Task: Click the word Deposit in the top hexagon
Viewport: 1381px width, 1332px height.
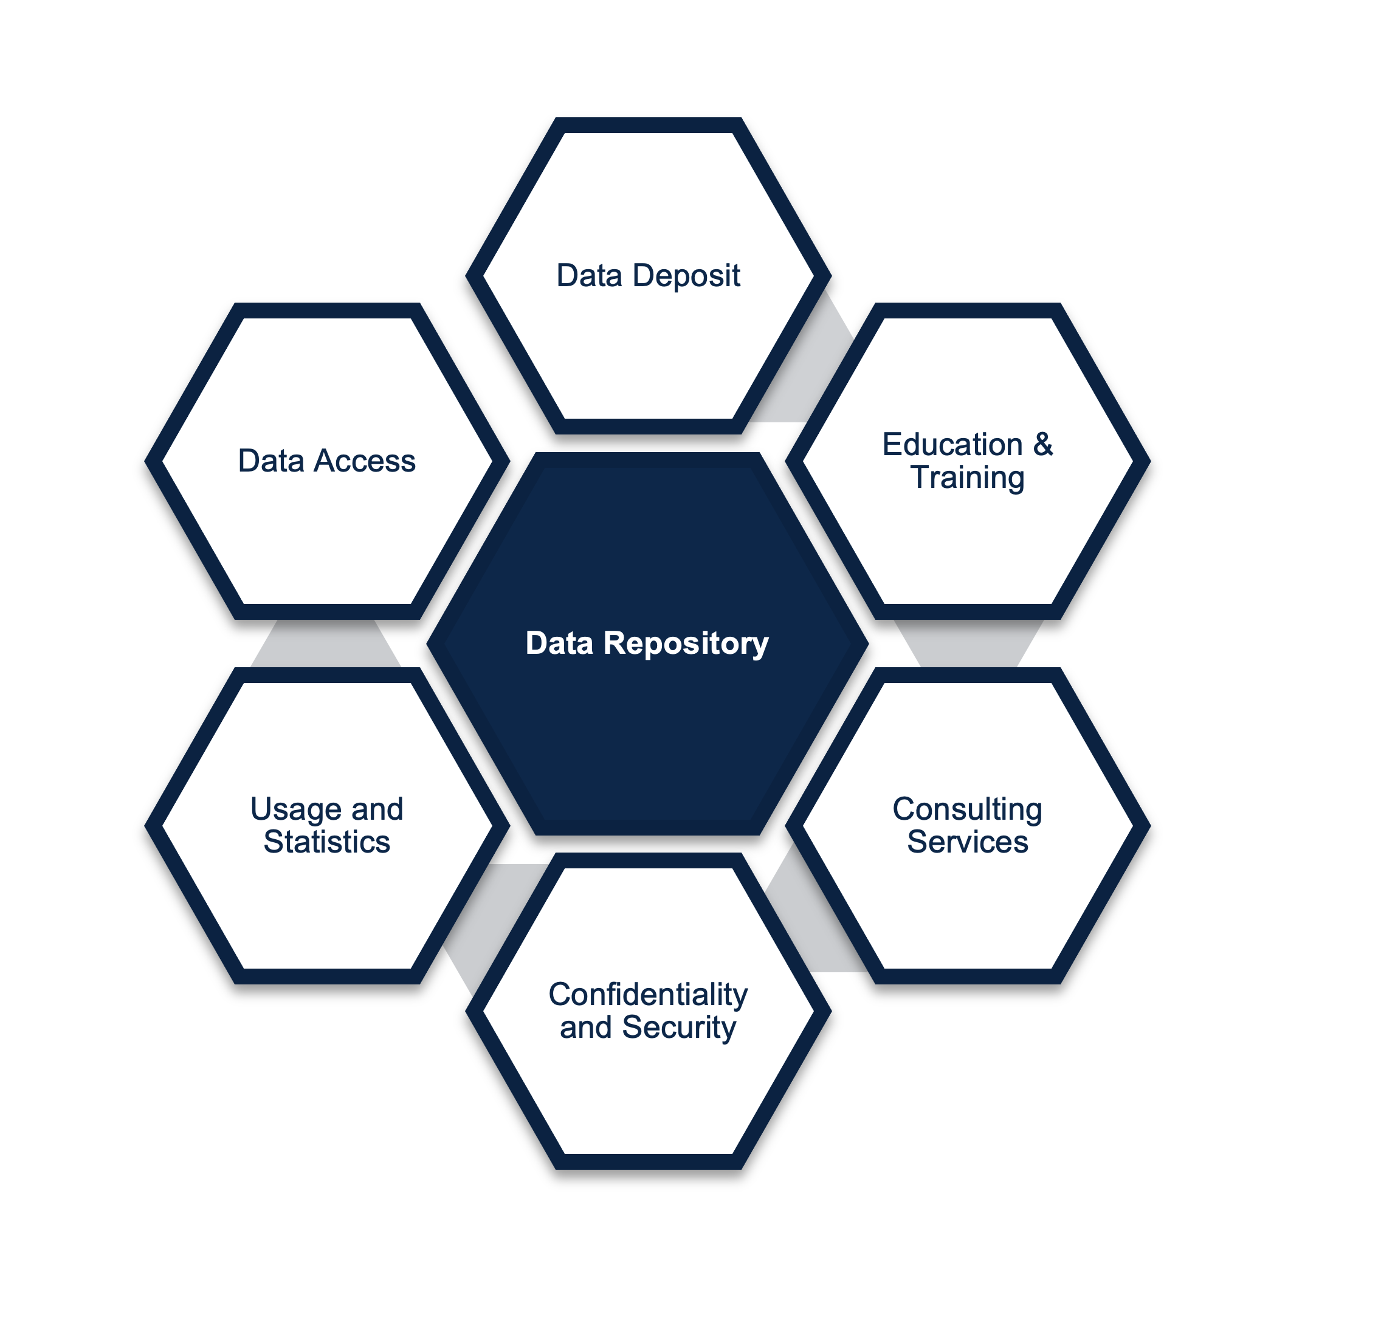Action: click(686, 276)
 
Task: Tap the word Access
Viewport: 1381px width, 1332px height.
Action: click(364, 461)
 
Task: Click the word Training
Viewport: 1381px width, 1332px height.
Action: click(968, 478)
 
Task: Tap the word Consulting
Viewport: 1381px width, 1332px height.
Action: click(968, 810)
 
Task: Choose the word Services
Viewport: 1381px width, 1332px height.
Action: click(968, 842)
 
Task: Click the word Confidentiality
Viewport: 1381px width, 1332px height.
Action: click(648, 995)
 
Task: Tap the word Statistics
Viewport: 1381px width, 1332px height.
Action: click(327, 842)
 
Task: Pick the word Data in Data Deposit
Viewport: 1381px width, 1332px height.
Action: click(590, 276)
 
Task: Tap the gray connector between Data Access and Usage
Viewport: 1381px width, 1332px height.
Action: click(326, 644)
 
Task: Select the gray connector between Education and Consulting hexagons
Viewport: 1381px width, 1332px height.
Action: click(969, 644)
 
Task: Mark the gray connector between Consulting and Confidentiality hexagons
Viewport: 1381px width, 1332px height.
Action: click(810, 916)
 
